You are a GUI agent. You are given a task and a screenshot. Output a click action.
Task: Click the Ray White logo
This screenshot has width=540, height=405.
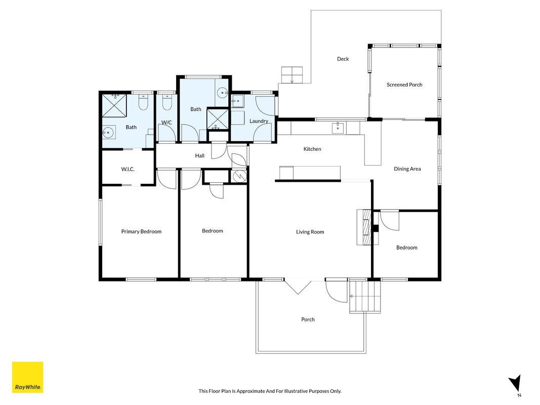(27, 377)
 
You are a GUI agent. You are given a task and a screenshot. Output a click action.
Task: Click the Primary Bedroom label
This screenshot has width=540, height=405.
(141, 231)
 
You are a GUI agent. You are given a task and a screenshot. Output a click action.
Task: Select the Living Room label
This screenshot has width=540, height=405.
(310, 232)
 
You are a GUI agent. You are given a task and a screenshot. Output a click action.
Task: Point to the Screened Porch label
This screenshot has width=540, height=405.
(404, 85)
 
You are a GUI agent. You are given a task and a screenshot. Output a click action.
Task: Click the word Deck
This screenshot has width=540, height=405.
(343, 59)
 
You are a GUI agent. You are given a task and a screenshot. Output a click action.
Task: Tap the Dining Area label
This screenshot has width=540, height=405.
(407, 169)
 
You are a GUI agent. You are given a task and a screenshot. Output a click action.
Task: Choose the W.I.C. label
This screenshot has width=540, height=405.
(128, 169)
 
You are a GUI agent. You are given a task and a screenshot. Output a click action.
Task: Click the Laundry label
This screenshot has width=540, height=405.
(259, 121)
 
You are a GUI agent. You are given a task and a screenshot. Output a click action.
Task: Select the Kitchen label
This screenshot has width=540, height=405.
(312, 149)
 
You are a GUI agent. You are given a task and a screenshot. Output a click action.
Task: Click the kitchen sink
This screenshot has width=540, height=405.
(338, 128)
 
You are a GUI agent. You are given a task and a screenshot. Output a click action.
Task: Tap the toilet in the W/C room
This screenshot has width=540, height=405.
(167, 103)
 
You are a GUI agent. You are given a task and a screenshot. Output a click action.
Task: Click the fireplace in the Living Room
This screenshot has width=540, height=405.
(367, 227)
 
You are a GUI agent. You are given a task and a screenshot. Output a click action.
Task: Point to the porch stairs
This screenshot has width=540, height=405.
(365, 296)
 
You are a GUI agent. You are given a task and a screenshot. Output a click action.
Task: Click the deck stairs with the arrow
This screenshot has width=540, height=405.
(292, 75)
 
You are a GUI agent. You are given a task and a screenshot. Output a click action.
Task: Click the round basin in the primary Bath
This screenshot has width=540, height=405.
(109, 132)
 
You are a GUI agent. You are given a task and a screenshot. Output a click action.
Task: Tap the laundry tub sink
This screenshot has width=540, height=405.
(238, 101)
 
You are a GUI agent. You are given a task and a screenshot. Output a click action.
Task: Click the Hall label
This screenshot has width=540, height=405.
(200, 155)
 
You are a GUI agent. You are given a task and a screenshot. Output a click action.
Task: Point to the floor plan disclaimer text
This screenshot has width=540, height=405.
(270, 391)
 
